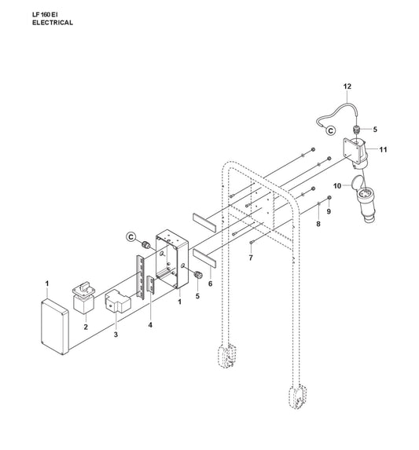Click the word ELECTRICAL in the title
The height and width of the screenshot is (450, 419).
52,23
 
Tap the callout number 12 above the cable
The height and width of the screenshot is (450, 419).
347,86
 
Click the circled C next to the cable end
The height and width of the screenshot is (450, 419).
330,130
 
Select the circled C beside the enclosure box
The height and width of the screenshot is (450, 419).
130,236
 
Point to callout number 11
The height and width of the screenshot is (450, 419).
383,149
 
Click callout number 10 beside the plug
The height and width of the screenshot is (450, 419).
337,186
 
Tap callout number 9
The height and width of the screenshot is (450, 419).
329,211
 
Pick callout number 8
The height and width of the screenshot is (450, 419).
318,224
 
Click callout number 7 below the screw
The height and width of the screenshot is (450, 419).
251,258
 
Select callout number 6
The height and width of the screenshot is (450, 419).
210,284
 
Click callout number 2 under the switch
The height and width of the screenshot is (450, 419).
86,327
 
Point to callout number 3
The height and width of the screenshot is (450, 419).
116,335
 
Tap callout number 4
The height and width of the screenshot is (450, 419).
150,325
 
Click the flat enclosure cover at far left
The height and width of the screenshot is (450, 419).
55,327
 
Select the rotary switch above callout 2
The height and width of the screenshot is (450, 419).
83,298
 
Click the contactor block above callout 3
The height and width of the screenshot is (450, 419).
117,301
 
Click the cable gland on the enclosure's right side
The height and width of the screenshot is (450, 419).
198,275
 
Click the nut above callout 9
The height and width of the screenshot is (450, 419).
329,197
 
